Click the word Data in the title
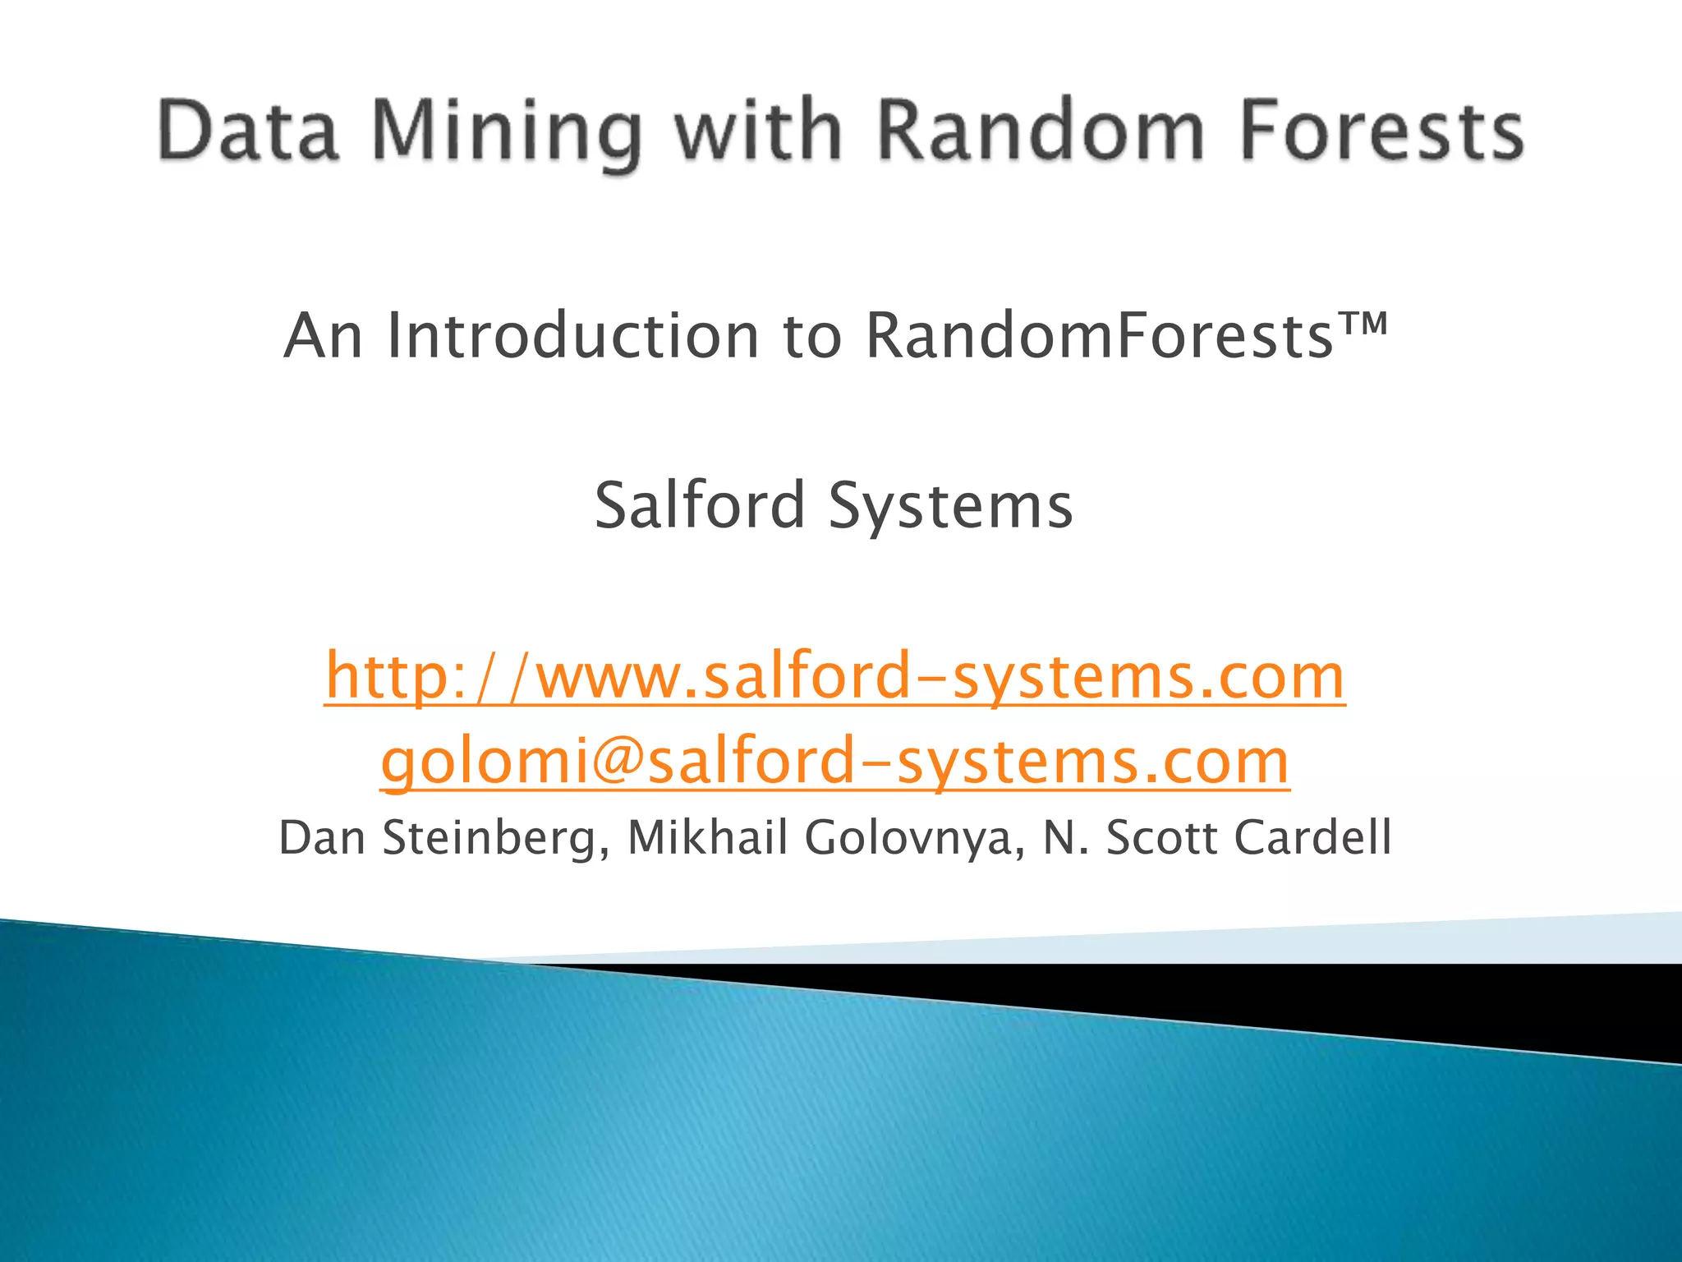tap(248, 131)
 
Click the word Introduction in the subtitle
tap(573, 336)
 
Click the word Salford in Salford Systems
tap(700, 505)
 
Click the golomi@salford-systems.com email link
tap(834, 762)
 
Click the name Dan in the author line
tap(322, 838)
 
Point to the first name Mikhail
tap(708, 838)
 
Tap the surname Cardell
tap(1312, 838)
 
